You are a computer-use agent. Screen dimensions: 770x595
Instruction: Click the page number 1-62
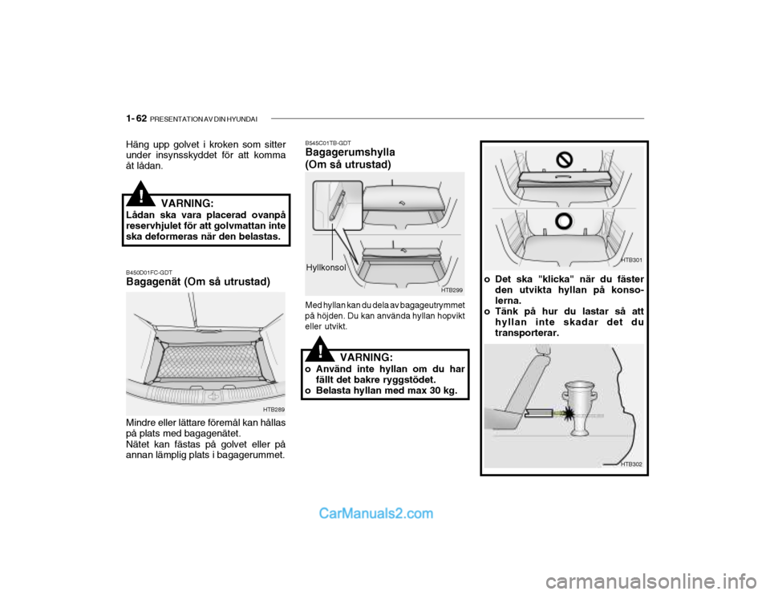pyautogui.click(x=136, y=119)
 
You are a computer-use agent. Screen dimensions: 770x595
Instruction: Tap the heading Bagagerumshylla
pyautogui.click(x=350, y=152)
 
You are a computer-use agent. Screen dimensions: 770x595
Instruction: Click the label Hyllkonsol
pyautogui.click(x=326, y=268)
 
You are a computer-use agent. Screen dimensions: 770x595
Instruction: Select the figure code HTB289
pyautogui.click(x=274, y=409)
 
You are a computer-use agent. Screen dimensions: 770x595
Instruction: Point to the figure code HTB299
pyautogui.click(x=452, y=290)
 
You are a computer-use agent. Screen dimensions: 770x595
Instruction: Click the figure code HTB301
pyautogui.click(x=631, y=260)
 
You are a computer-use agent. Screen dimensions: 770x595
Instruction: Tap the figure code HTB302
pyautogui.click(x=631, y=464)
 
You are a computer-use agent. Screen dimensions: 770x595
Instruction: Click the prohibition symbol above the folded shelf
pyautogui.click(x=564, y=159)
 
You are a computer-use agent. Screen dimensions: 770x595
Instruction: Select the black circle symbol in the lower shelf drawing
pyautogui.click(x=564, y=222)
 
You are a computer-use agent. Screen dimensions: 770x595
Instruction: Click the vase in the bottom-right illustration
pyautogui.click(x=581, y=408)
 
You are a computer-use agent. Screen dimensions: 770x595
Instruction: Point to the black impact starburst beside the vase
pyautogui.click(x=568, y=414)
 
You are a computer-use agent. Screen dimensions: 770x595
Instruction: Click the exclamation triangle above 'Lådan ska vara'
pyautogui.click(x=141, y=194)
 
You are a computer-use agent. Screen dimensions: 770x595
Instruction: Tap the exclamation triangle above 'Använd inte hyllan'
pyautogui.click(x=320, y=348)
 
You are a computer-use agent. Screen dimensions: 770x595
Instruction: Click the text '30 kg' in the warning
pyautogui.click(x=444, y=391)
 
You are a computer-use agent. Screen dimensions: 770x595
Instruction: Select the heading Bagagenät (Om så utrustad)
pyautogui.click(x=198, y=281)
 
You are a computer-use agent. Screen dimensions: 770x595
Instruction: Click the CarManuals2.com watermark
pyautogui.click(x=376, y=513)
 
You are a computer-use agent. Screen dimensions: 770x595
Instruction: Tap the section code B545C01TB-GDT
pyautogui.click(x=328, y=143)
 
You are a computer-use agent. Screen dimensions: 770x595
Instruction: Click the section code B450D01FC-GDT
pyautogui.click(x=149, y=273)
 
